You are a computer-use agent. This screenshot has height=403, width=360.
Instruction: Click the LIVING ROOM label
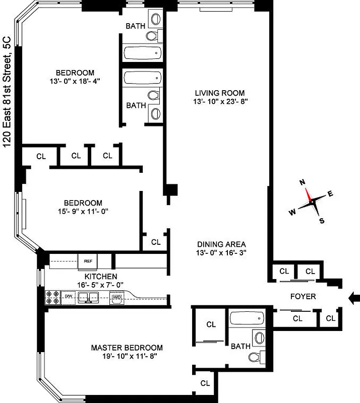(x=220, y=93)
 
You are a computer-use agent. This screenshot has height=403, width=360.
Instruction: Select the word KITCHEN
(x=101, y=277)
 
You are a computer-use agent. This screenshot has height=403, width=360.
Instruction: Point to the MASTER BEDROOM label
(x=127, y=348)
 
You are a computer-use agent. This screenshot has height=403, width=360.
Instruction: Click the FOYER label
(x=303, y=297)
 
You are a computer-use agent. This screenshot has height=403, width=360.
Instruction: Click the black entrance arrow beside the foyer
(x=354, y=299)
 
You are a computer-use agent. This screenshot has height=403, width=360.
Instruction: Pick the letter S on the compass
(x=322, y=220)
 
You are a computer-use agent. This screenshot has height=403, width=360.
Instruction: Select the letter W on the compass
(x=292, y=212)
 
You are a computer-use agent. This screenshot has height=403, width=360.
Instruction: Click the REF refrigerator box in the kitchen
(x=88, y=261)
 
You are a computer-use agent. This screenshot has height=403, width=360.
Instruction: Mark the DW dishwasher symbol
(x=68, y=297)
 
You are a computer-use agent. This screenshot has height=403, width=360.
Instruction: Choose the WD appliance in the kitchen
(x=117, y=297)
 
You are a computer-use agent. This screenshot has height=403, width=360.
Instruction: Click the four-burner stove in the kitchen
(x=52, y=297)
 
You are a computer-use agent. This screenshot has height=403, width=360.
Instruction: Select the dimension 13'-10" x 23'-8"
(x=220, y=101)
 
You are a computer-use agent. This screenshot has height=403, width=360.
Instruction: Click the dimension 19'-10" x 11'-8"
(x=127, y=356)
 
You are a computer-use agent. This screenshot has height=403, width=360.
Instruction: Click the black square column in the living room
(x=171, y=190)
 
